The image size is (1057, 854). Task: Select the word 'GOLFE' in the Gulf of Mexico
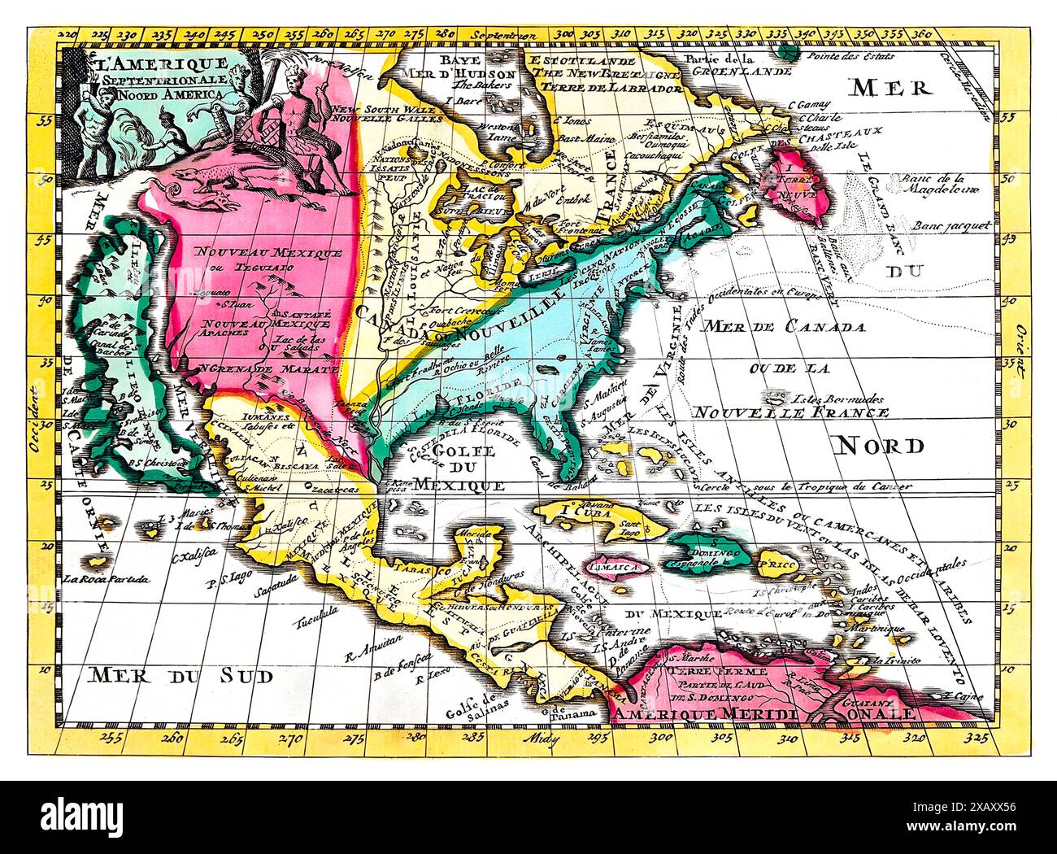pyautogui.click(x=459, y=451)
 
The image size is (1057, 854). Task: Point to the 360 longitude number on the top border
pyautogui.click(x=921, y=35)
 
